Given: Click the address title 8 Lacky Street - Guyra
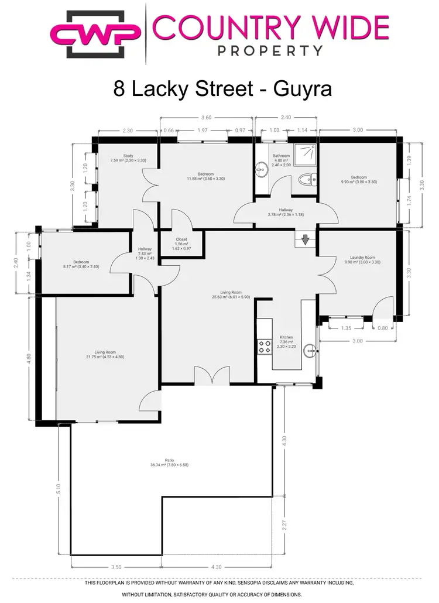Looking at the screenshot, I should pos(222,89).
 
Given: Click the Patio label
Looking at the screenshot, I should pos(169,462).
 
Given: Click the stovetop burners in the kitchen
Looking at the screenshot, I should pos(264,346).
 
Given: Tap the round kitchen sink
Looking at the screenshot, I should pos(310,351).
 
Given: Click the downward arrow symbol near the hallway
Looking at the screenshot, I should pos(305,239).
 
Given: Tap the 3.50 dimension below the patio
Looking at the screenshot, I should pos(116,567).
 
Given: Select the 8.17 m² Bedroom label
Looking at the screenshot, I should pos(81,264).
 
